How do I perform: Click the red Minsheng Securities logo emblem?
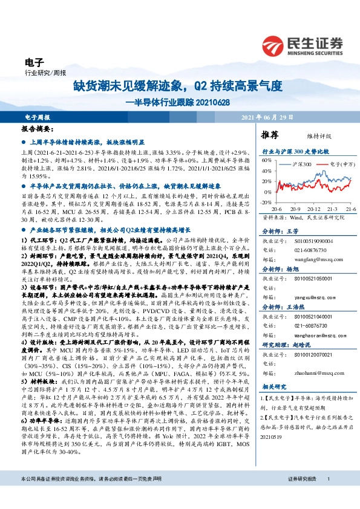[x=275, y=45]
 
